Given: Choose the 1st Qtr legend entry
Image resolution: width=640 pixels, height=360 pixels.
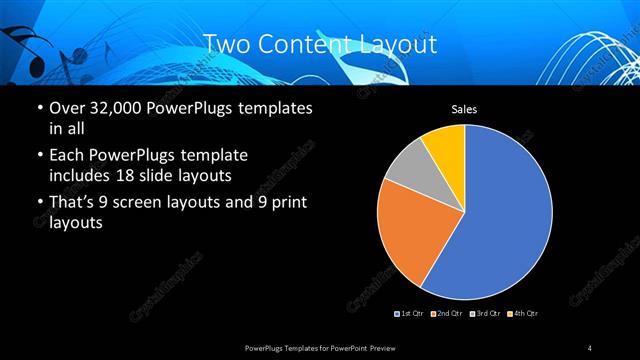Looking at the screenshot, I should coord(411,314).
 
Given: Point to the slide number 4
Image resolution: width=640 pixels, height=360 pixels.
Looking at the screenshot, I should coord(590,347).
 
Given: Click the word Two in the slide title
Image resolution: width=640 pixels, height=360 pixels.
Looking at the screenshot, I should coord(226,45).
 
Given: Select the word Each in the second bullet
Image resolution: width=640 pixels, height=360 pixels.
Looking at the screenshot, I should coord(67,156).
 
